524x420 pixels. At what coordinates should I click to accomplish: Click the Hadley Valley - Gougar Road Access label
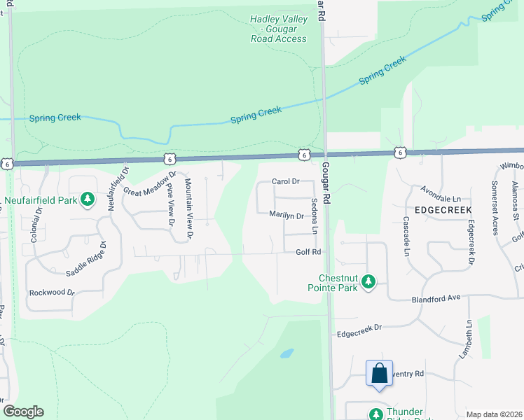[x=278, y=29]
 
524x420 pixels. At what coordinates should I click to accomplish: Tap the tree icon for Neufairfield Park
[x=88, y=200]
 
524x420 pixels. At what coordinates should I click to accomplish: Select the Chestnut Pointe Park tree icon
[x=368, y=283]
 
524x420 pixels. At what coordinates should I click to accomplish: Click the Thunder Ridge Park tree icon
[x=377, y=414]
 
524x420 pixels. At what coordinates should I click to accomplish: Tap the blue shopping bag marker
[x=379, y=374]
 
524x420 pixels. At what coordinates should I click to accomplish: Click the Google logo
[x=23, y=412]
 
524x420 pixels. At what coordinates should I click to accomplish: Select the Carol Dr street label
[x=285, y=181]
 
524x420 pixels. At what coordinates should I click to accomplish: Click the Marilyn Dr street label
[x=287, y=216]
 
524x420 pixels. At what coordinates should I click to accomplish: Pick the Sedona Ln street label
[x=315, y=216]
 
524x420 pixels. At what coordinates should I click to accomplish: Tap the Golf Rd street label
[x=308, y=252]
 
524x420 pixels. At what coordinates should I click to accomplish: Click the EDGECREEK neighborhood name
[x=443, y=210]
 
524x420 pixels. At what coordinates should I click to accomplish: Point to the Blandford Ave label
[x=435, y=297]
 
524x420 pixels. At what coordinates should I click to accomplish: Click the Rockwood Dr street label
[x=52, y=293]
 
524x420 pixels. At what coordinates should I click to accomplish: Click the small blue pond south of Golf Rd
[x=286, y=353]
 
